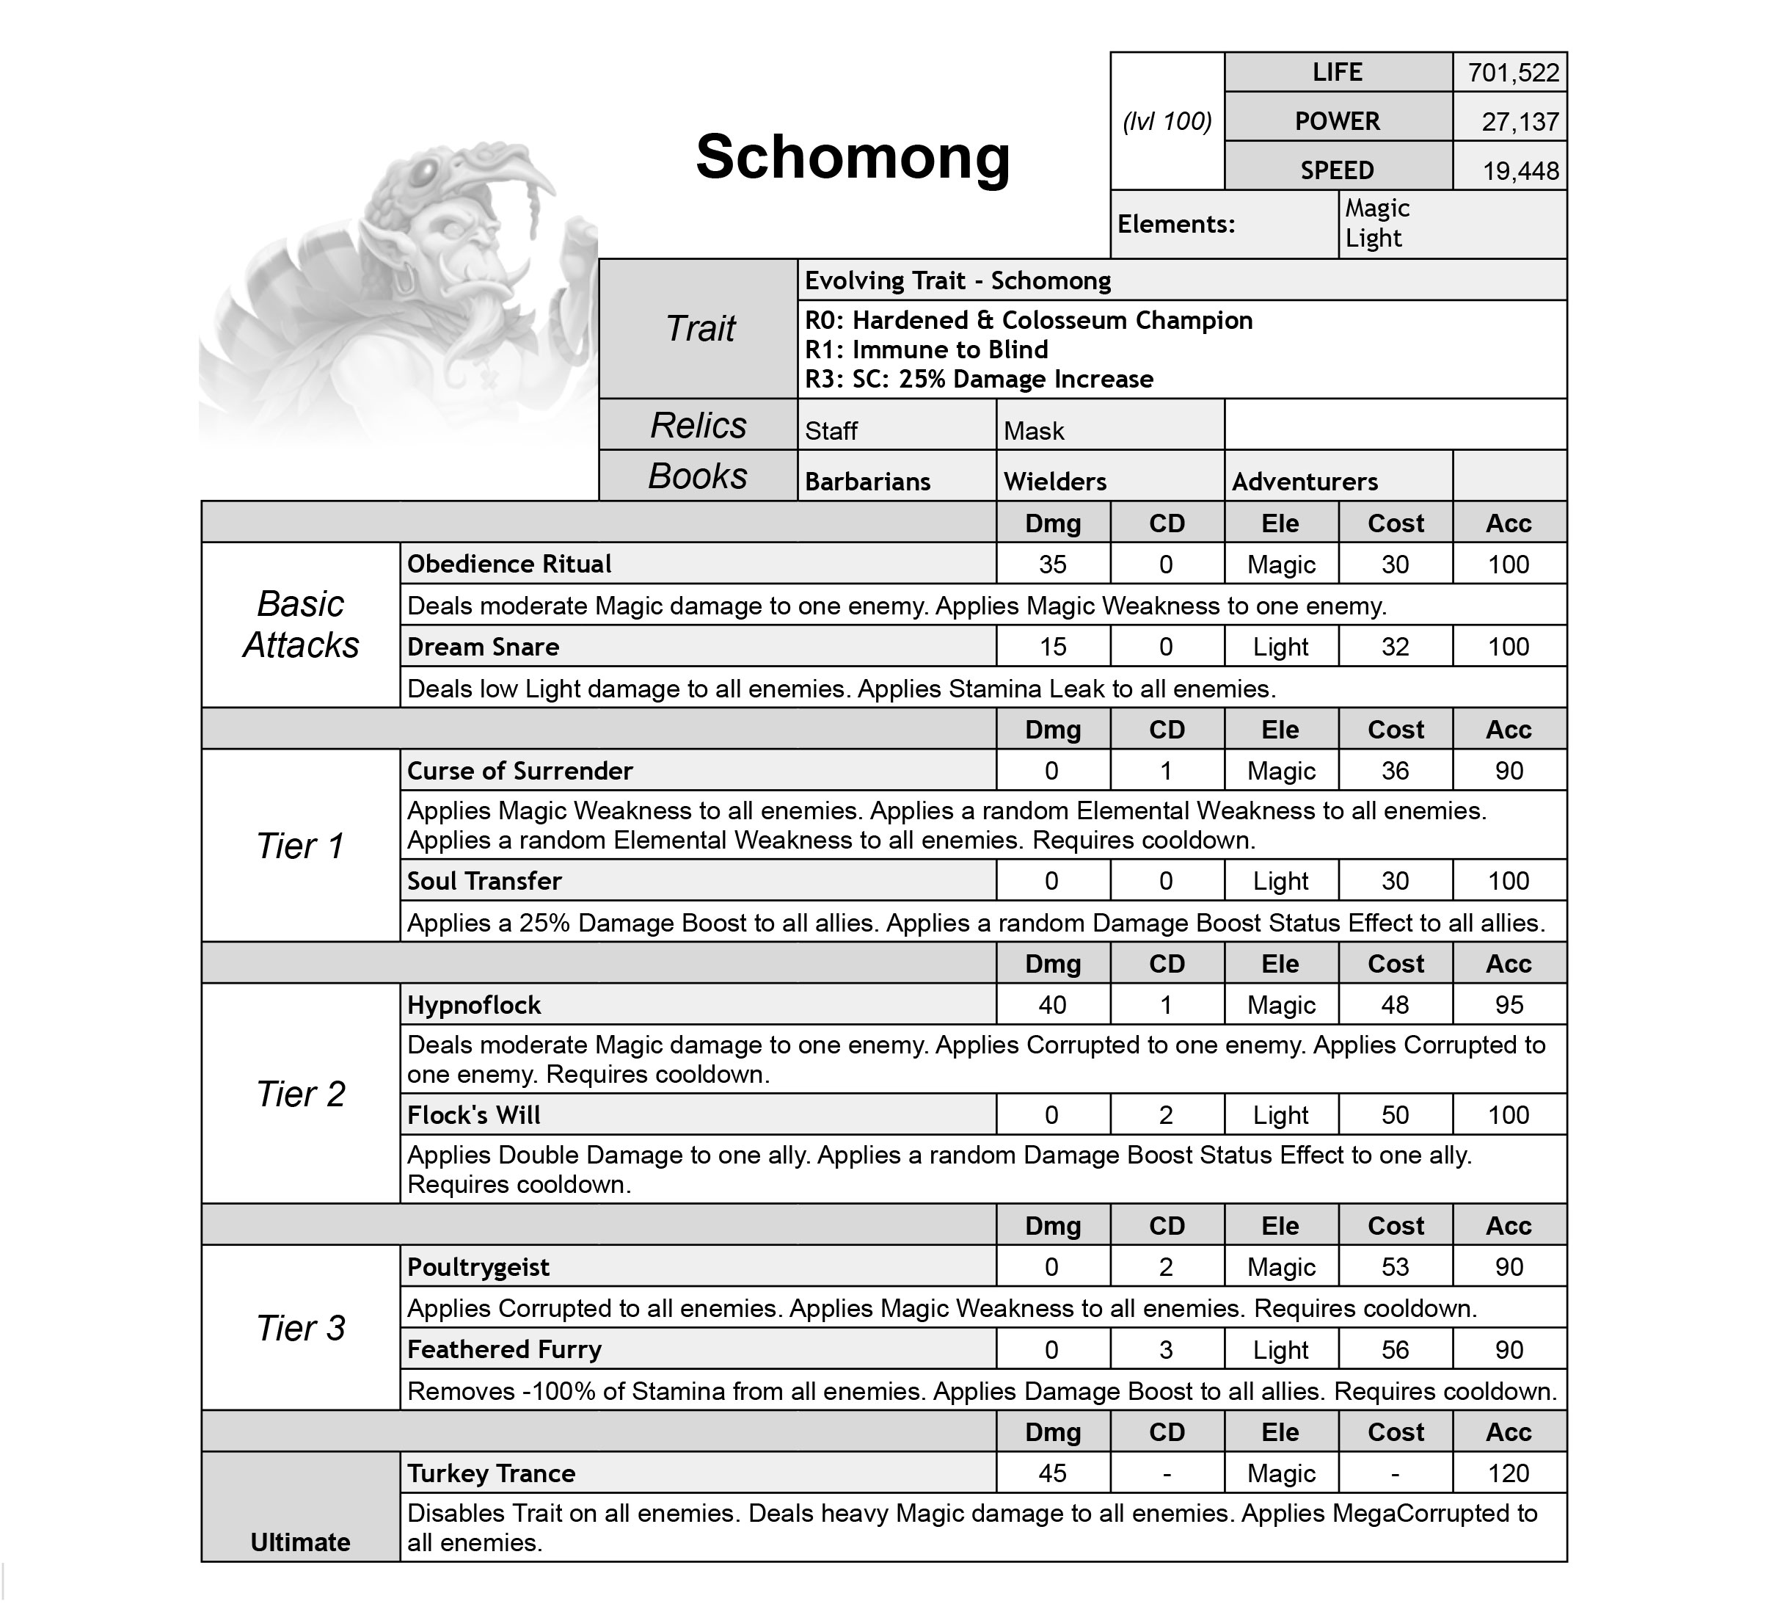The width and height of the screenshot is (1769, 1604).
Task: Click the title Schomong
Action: pyautogui.click(x=852, y=157)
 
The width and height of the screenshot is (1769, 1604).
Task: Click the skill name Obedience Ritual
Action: pyautogui.click(x=509, y=564)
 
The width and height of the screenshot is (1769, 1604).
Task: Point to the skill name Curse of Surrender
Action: pyautogui.click(x=519, y=771)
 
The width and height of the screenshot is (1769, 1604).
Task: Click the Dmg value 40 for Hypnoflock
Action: pyautogui.click(x=1052, y=1004)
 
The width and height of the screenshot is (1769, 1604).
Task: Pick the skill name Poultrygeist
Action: pyautogui.click(x=478, y=1267)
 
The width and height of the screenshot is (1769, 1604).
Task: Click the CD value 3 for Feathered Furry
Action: pyautogui.click(x=1165, y=1349)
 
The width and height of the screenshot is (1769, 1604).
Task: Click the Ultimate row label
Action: pyautogui.click(x=300, y=1542)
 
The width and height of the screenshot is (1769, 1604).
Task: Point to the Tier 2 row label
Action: pyautogui.click(x=300, y=1094)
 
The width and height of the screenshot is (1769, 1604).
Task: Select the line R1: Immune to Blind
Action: pyautogui.click(x=926, y=349)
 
